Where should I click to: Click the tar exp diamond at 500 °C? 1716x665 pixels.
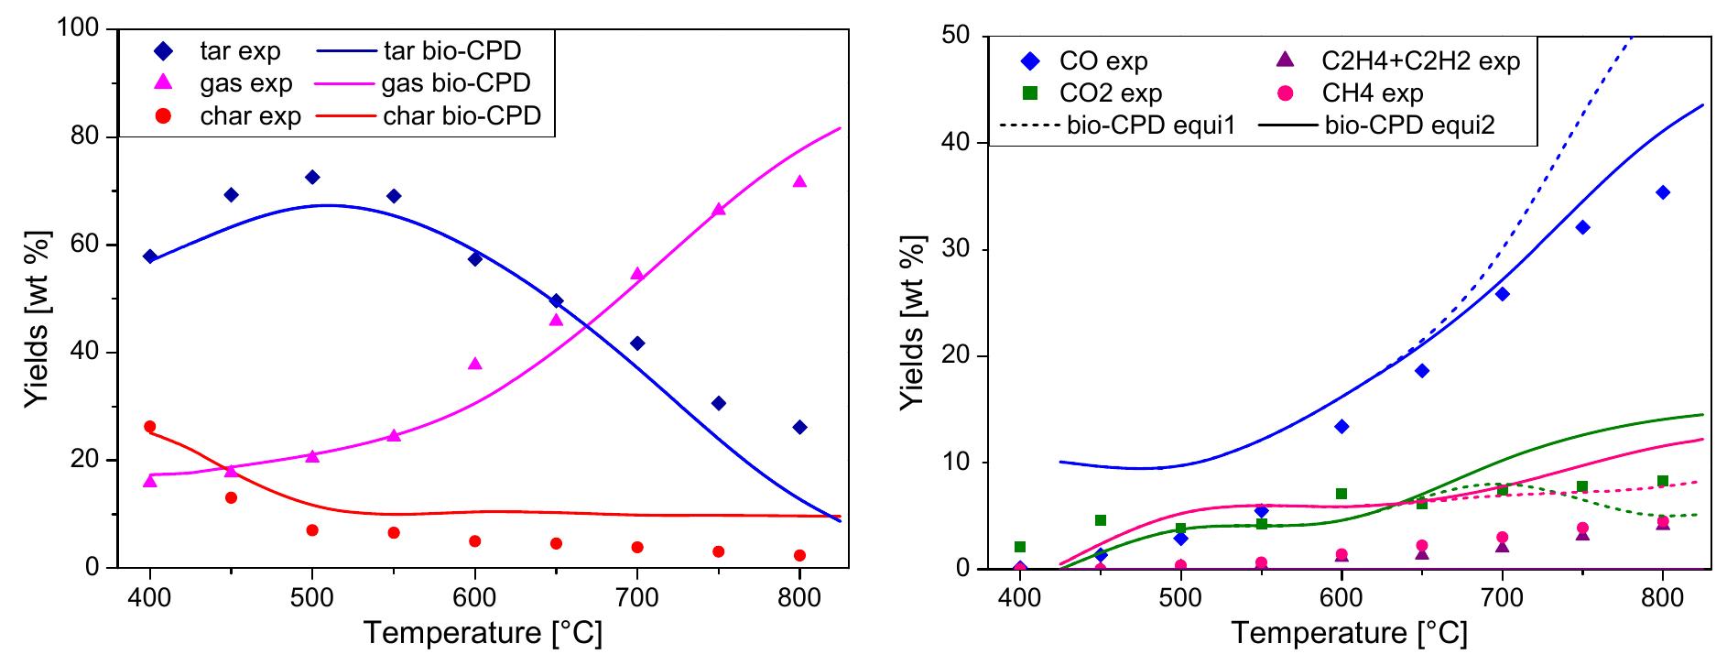(x=312, y=177)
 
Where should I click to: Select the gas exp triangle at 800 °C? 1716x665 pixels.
(x=799, y=181)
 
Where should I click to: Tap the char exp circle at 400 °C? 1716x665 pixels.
(x=150, y=427)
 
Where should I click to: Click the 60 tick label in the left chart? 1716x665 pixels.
(x=90, y=245)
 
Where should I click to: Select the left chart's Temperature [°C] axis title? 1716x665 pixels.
(x=483, y=632)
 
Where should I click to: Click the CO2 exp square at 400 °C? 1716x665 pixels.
(x=1020, y=547)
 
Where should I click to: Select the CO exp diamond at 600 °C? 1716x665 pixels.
(x=1341, y=426)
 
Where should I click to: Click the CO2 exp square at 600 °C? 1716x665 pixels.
(x=1341, y=494)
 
